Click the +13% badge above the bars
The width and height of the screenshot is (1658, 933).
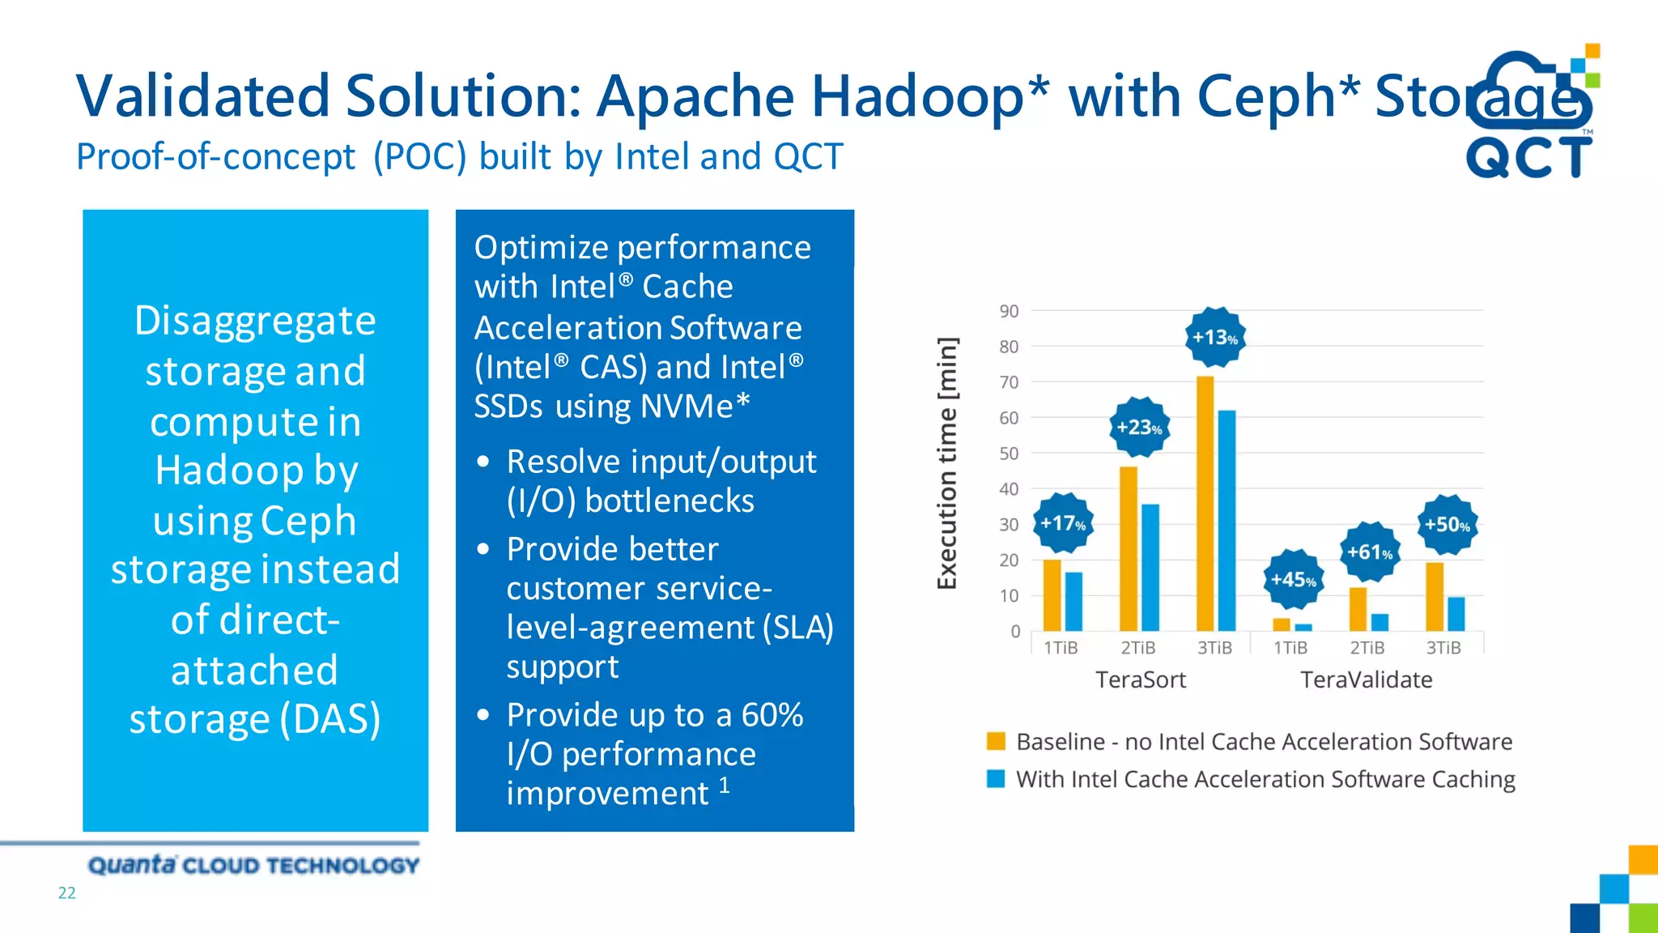click(x=1215, y=337)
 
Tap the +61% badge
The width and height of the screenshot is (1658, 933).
click(x=1370, y=552)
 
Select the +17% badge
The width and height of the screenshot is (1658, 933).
click(x=1063, y=523)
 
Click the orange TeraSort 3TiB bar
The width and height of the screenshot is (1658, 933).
click(x=1205, y=502)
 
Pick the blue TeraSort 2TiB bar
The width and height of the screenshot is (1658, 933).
click(x=1150, y=567)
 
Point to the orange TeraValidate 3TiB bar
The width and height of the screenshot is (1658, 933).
click(x=1434, y=596)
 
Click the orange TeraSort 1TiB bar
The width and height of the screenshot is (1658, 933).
click(x=1052, y=594)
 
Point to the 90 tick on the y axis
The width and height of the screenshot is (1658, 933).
click(x=1009, y=311)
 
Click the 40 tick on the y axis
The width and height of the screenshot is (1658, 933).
click(x=1009, y=489)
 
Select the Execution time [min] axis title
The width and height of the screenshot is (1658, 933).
click(x=947, y=463)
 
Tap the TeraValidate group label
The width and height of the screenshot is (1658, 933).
click(x=1366, y=680)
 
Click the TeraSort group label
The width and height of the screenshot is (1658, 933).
click(x=1140, y=680)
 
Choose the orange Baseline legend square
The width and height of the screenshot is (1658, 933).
click(x=996, y=741)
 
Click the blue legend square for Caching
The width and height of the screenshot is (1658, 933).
click(x=996, y=778)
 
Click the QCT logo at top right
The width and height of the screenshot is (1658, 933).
click(x=1528, y=113)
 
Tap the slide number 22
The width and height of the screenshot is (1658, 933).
click(x=66, y=893)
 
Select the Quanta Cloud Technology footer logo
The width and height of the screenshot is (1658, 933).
click(x=253, y=865)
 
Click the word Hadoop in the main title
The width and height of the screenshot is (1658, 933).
click(x=917, y=96)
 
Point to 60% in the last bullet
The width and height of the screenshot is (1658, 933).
click(x=772, y=715)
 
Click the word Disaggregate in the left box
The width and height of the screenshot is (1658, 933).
click(x=255, y=321)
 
